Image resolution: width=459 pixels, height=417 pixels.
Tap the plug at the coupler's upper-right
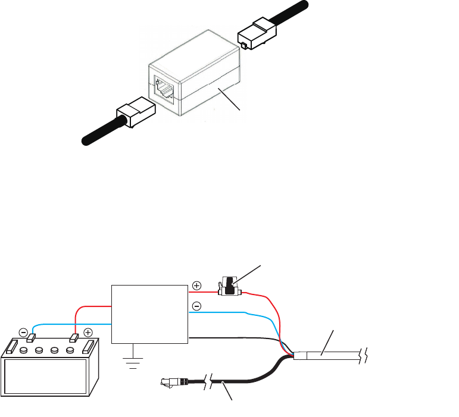(x=257, y=33)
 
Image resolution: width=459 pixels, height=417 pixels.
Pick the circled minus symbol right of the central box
(x=197, y=308)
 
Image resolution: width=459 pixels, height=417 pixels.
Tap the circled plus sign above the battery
(x=88, y=331)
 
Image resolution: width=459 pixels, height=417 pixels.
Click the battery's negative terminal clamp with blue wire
(x=30, y=338)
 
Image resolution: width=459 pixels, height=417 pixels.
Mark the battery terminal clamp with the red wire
(x=75, y=338)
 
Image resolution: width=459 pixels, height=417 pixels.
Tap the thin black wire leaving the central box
(x=238, y=337)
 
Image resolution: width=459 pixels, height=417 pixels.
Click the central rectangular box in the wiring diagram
(x=150, y=313)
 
